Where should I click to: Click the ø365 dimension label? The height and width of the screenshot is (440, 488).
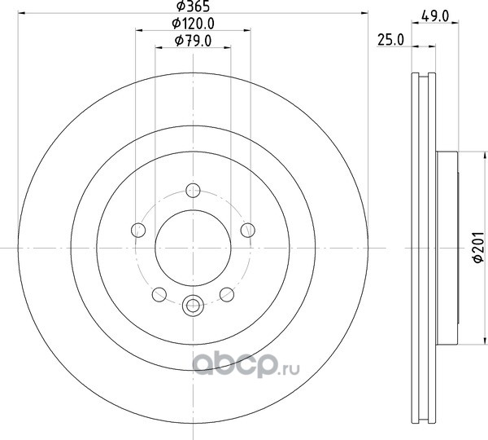click(193, 6)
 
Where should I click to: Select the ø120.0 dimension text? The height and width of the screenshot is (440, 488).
click(194, 24)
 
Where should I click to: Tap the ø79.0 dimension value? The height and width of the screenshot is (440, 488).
click(194, 41)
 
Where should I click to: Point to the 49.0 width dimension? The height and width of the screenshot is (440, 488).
click(435, 16)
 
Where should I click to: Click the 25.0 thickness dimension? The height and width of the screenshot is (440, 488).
click(390, 40)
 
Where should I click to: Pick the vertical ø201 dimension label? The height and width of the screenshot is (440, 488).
click(479, 247)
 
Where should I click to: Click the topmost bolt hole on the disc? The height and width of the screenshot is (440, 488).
click(193, 190)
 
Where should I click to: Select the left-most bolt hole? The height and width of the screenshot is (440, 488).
click(138, 231)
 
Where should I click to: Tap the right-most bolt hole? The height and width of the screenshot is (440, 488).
click(248, 230)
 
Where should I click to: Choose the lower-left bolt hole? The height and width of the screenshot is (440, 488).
click(159, 295)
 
